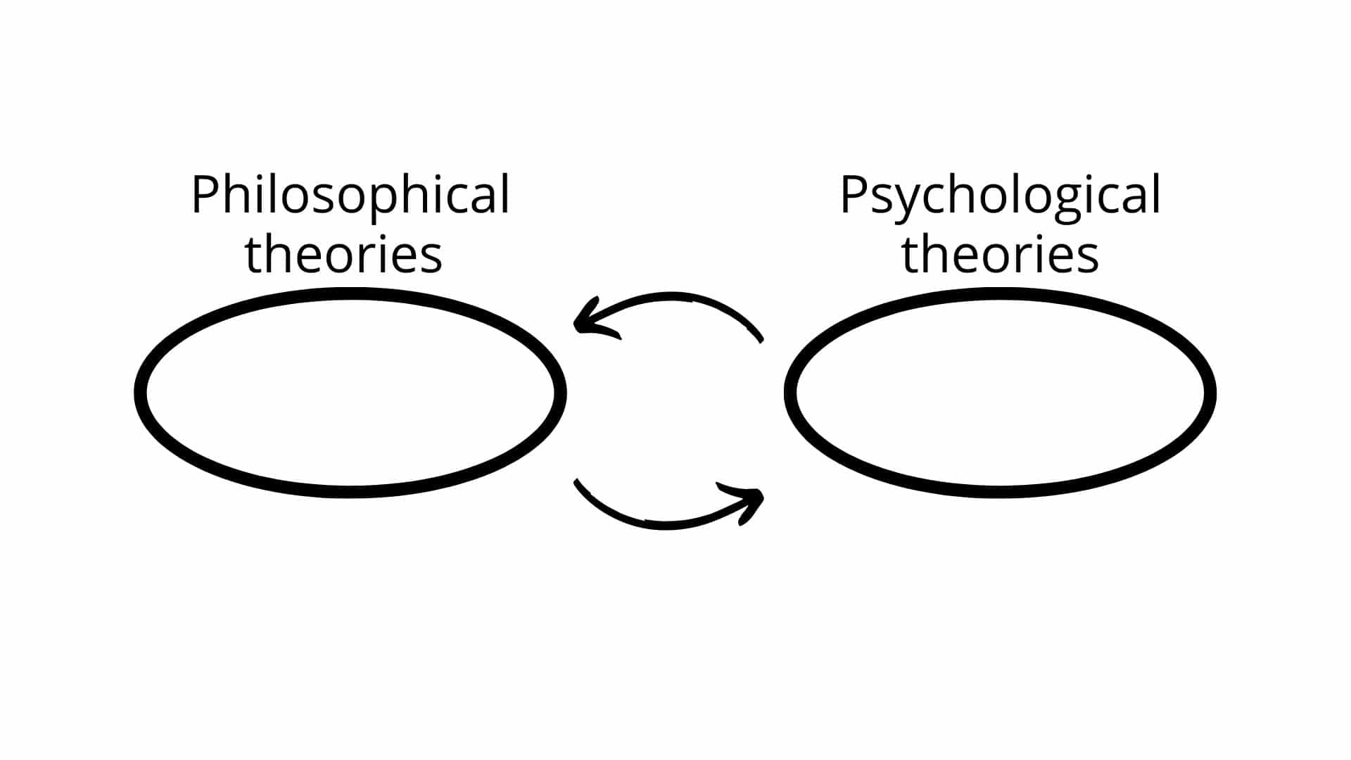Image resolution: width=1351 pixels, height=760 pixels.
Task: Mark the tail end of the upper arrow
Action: pos(761,341)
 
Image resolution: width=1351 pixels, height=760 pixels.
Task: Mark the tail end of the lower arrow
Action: pos(576,481)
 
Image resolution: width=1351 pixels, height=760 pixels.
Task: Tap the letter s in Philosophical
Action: pos(317,199)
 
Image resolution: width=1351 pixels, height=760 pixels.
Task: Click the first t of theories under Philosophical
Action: pos(254,255)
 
